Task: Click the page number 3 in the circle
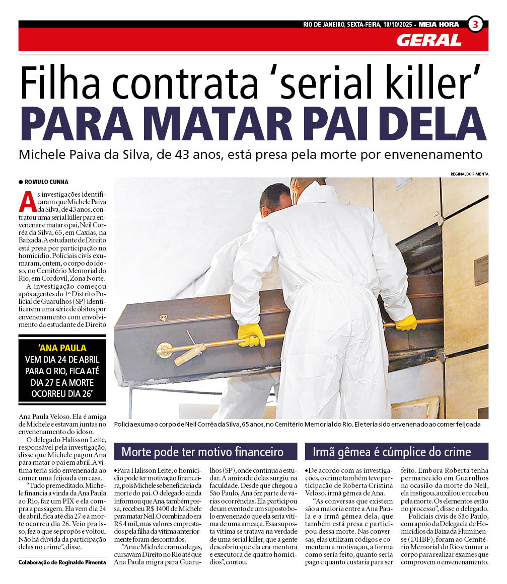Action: click(475, 24)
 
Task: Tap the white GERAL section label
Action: click(429, 40)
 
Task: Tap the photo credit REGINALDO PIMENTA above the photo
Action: click(469, 174)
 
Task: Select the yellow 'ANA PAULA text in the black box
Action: click(62, 348)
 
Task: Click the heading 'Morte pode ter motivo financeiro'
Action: click(202, 451)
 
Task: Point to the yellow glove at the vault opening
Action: click(406, 322)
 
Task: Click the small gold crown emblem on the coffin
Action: click(163, 318)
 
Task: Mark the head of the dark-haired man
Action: click(276, 197)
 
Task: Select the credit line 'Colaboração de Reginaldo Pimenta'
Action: click(62, 562)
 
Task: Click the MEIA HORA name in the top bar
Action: click(439, 24)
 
